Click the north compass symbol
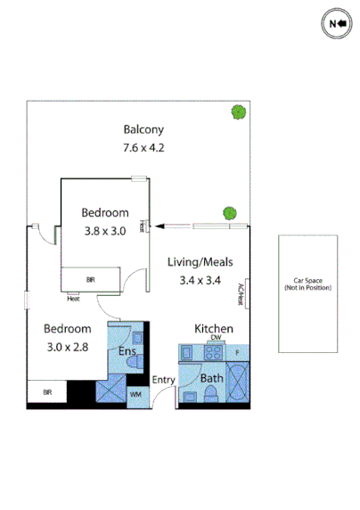click(x=337, y=23)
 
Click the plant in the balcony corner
click(x=238, y=113)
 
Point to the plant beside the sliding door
click(x=230, y=214)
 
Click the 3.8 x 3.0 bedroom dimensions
click(x=104, y=229)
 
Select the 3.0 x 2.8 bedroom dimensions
click(x=67, y=342)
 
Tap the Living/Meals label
click(x=200, y=261)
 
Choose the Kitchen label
click(x=214, y=330)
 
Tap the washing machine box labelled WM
click(x=136, y=393)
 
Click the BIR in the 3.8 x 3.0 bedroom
click(x=90, y=280)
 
